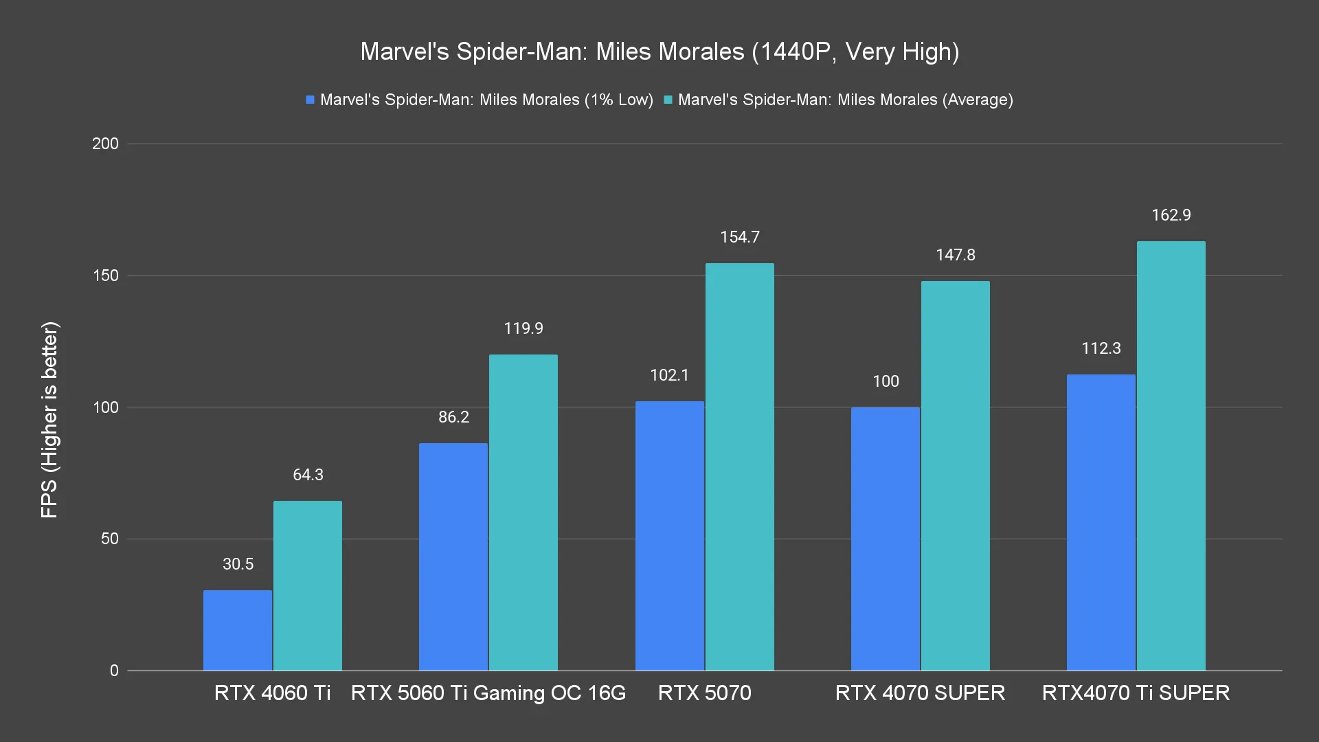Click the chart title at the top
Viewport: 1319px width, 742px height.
(x=659, y=52)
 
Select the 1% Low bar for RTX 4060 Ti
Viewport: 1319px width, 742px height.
(x=238, y=630)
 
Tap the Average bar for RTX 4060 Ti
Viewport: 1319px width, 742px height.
(x=308, y=585)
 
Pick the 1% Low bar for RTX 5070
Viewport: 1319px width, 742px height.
(x=670, y=536)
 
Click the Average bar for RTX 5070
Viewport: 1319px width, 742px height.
(x=740, y=467)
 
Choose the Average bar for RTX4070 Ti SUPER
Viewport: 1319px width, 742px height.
(x=1171, y=456)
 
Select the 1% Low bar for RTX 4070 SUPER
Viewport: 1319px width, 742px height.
(x=886, y=539)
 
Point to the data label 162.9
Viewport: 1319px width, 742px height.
(x=1171, y=215)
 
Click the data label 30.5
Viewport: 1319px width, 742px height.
(x=238, y=564)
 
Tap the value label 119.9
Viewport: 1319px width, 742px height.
(x=523, y=328)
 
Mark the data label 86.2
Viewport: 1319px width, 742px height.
(x=453, y=417)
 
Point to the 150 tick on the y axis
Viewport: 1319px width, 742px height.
(x=105, y=276)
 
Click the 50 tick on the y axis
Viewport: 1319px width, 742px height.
(x=110, y=539)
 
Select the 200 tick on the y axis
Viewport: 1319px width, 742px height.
(x=105, y=144)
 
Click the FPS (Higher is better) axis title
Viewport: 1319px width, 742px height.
(x=49, y=419)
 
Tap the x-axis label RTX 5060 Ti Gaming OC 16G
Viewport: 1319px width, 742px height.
(x=488, y=693)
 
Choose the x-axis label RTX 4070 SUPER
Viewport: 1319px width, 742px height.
(x=920, y=693)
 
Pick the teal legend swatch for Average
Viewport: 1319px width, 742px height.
(x=668, y=100)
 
